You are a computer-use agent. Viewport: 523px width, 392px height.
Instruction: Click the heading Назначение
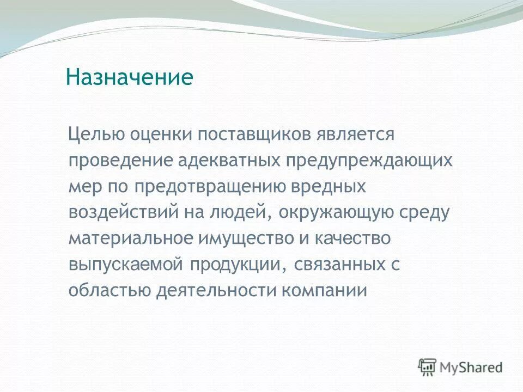(130, 77)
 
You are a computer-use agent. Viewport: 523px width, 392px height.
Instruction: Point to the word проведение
(120, 161)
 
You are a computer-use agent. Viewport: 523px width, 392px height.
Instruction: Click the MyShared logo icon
(427, 367)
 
